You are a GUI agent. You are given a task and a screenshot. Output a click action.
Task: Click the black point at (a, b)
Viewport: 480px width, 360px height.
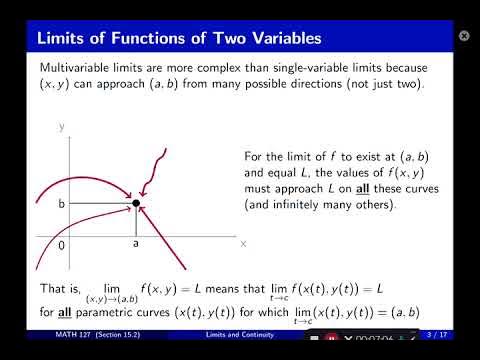tap(136, 203)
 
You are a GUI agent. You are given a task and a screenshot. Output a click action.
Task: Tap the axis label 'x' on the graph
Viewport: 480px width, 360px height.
tap(243, 242)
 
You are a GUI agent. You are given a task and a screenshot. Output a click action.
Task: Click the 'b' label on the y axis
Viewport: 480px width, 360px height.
tap(60, 204)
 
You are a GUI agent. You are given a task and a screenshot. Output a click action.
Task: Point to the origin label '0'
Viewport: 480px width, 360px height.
tap(61, 243)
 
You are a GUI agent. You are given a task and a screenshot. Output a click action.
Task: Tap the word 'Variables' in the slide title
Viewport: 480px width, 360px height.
tap(280, 39)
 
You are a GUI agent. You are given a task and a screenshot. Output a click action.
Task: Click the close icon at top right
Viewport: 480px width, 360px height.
tap(464, 35)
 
